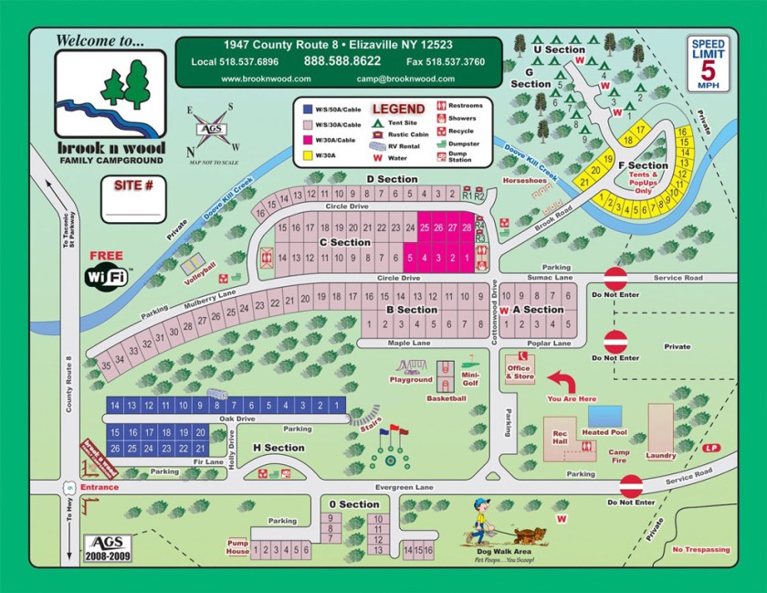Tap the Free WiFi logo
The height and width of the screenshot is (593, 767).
coord(107,272)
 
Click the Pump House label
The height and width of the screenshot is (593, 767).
coord(237,546)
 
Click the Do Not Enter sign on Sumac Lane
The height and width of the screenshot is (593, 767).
coord(616,278)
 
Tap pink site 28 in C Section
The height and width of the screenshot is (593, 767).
coord(467,227)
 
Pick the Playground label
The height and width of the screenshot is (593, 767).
coord(411,380)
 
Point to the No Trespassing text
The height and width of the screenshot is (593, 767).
coord(701,549)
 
